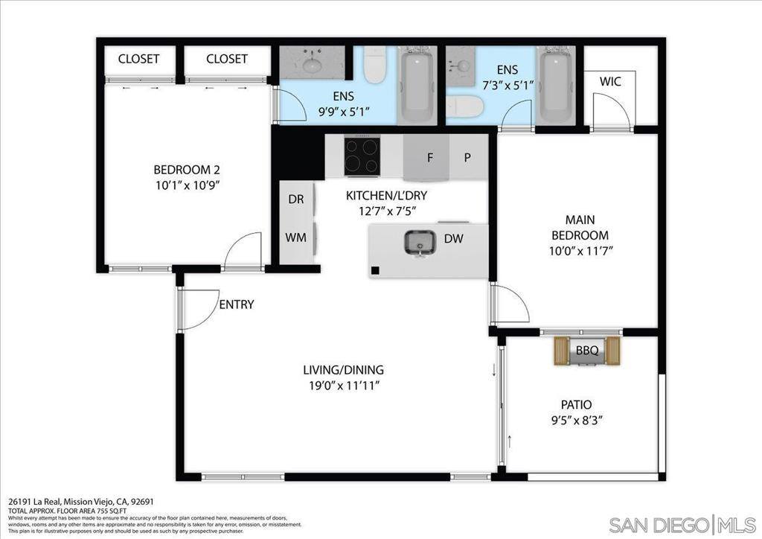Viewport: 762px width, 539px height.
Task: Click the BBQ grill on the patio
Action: tap(586, 351)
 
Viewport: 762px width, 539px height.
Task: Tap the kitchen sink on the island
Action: tap(420, 242)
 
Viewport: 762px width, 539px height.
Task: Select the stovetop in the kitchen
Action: tap(362, 156)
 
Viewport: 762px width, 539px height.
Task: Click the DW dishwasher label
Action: tap(453, 239)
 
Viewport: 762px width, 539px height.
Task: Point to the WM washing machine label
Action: tap(295, 238)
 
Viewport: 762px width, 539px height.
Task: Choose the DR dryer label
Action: tap(295, 200)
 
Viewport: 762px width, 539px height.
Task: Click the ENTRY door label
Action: tap(237, 304)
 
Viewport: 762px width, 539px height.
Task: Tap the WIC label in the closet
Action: tap(611, 80)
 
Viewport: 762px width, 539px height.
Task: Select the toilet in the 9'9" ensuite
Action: tap(375, 66)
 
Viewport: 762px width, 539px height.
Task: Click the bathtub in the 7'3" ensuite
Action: tap(554, 86)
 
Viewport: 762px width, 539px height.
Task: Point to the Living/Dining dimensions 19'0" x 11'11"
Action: tap(343, 386)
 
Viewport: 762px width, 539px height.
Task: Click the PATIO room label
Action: tap(577, 405)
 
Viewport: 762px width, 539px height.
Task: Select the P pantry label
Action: tap(468, 158)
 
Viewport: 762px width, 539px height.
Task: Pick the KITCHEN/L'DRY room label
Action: tap(386, 196)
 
